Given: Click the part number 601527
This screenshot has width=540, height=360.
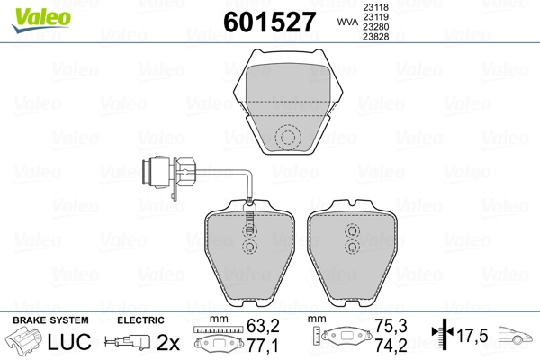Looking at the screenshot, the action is pos(270,22).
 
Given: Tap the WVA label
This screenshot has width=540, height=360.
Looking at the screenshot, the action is pos(347,22).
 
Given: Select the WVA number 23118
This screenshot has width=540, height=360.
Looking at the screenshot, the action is pos(375,7).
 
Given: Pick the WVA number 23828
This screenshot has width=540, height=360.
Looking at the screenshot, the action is pos(375,37).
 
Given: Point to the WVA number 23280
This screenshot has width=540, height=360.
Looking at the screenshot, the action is pos(375,26).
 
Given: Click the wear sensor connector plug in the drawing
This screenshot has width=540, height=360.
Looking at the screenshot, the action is pos(169,173).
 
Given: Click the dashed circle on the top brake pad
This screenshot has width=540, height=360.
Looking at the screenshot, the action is pos(288,138).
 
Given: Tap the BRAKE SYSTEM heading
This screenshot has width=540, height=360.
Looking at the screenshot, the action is pos(50,320).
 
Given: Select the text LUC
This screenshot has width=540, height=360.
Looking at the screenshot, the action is pos(69,342).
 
